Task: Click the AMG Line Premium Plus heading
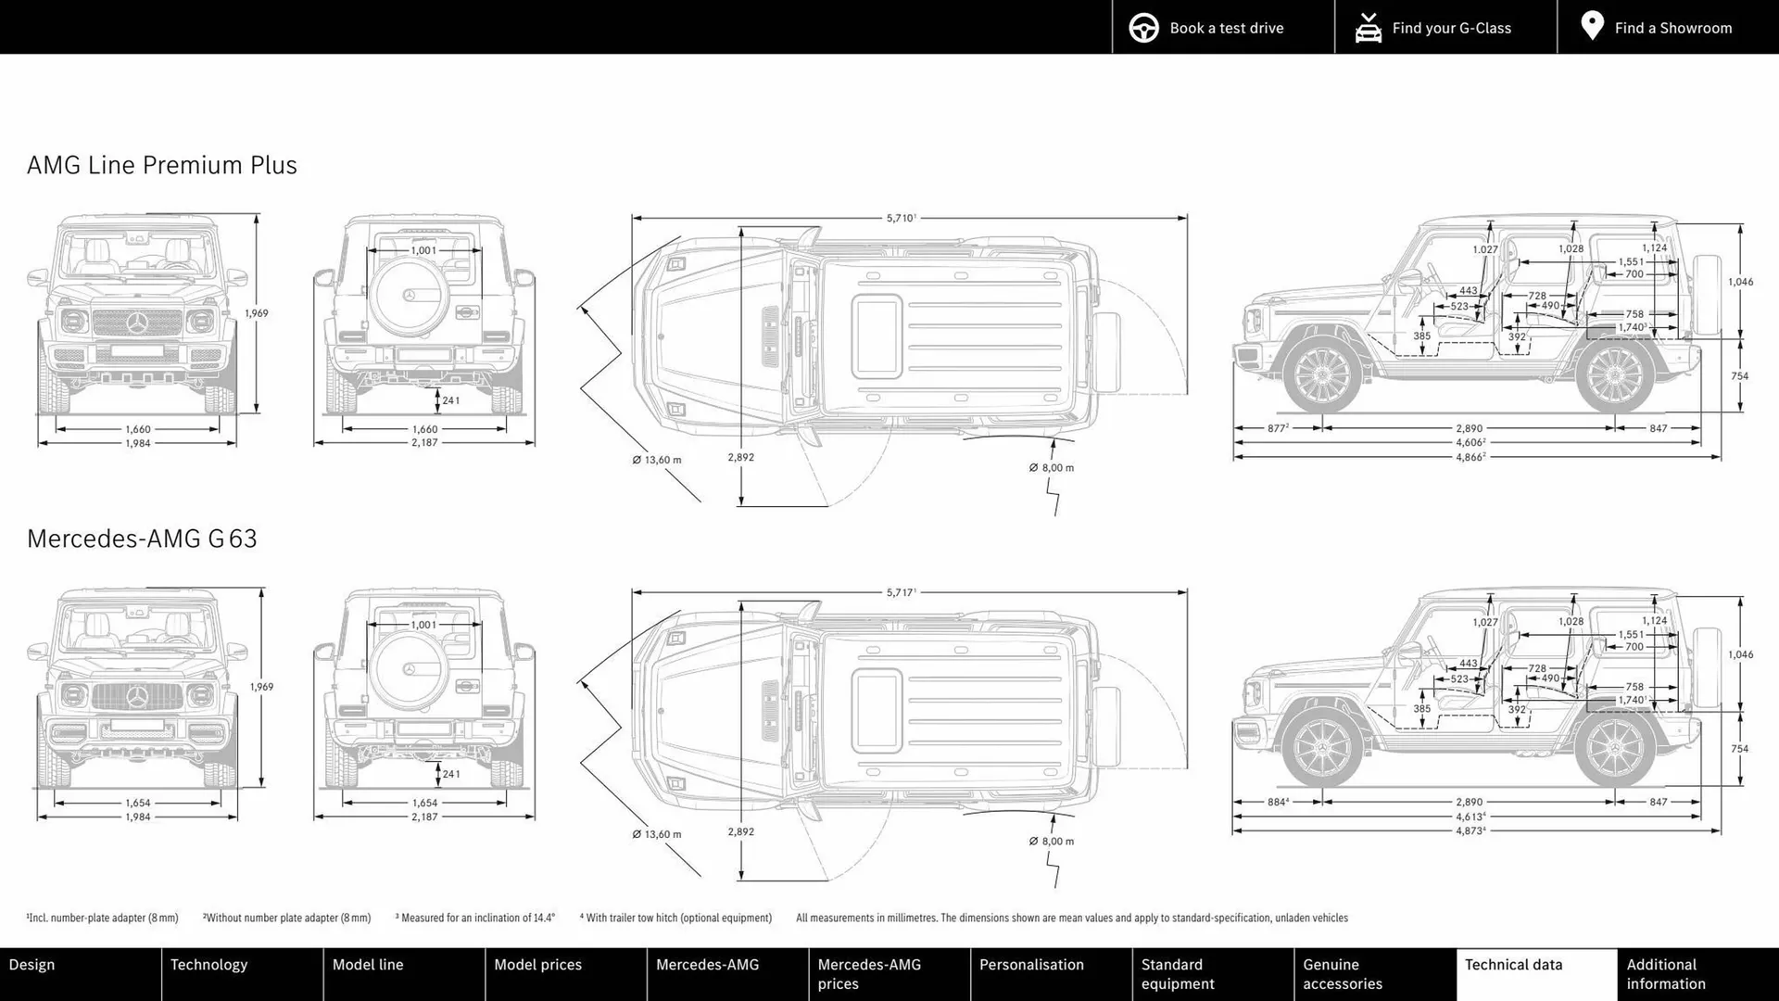(162, 165)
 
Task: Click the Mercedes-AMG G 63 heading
(142, 539)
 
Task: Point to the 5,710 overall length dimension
(900, 219)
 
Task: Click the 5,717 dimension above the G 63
(900, 592)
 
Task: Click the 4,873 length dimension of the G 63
(1469, 831)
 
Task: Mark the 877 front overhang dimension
(1277, 428)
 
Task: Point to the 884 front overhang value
(1277, 802)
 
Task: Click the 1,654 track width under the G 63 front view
(138, 804)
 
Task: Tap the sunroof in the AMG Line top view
(877, 336)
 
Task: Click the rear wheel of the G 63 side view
(1614, 749)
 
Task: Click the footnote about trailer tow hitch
(676, 918)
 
